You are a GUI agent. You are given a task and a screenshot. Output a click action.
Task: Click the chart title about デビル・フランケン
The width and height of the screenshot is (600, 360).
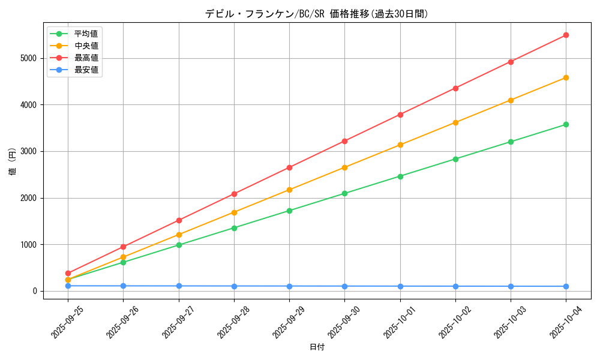317,14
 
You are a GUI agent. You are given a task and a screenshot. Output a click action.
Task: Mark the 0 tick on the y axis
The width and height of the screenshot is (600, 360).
34,291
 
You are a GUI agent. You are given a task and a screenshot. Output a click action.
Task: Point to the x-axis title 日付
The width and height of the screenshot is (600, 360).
317,347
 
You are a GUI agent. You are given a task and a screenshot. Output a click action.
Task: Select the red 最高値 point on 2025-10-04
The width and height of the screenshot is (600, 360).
566,35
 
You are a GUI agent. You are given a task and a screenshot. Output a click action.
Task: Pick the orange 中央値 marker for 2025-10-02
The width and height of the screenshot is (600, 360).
455,122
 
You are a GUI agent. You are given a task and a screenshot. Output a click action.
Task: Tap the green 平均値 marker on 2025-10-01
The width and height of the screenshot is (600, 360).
400,176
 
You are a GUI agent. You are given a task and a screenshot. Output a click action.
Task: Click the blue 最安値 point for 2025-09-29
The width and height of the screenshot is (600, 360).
289,286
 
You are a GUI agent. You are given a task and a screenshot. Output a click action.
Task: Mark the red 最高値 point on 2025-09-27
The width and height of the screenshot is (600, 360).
179,220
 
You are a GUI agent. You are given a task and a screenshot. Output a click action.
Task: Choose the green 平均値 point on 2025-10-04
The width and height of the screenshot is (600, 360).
566,125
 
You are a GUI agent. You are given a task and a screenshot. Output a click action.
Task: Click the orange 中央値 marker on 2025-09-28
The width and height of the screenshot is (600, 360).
234,212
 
